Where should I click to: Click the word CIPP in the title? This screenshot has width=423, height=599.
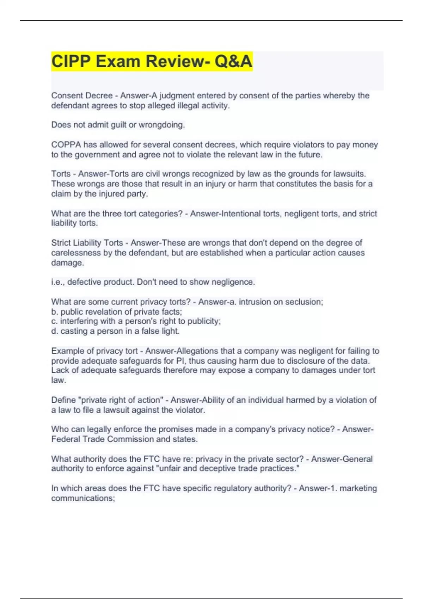[x=71, y=61]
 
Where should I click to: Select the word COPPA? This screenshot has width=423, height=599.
[x=66, y=145]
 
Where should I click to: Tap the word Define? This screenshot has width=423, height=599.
[x=63, y=400]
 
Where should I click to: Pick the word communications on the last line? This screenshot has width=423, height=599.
[x=83, y=498]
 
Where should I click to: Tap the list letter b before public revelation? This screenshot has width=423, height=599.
[x=54, y=312]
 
